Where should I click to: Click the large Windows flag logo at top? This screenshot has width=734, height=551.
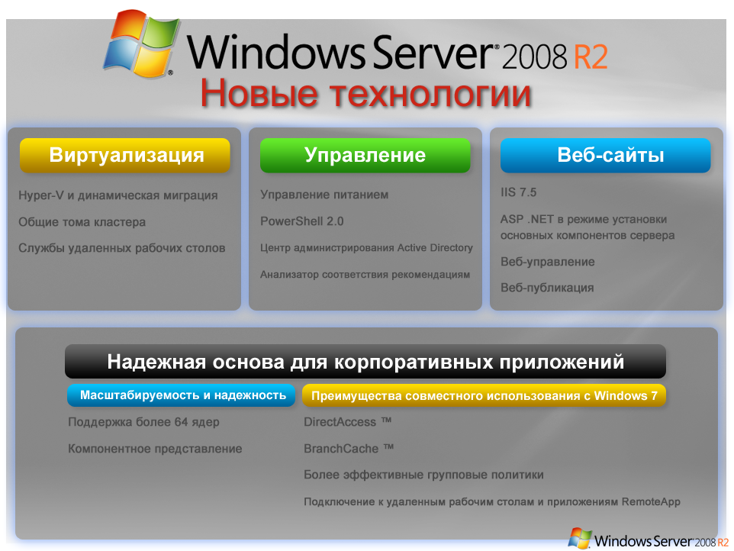coord(141,43)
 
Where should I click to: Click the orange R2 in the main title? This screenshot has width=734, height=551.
coord(591,56)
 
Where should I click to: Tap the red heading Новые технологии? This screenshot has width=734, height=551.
coord(365,93)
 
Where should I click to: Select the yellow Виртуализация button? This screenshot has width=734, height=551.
coord(125,156)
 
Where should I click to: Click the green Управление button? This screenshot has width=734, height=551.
coord(365,156)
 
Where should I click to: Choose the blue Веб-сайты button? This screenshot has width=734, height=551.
coord(605,156)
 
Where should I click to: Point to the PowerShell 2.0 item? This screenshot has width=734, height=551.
coord(302,221)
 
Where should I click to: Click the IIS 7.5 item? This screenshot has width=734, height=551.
coord(518,192)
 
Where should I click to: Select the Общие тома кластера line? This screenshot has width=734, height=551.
coord(82,222)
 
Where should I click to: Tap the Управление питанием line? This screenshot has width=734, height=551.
coord(324,195)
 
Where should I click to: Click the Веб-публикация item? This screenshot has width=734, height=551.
coord(547,288)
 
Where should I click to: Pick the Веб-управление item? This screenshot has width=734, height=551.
coord(548,262)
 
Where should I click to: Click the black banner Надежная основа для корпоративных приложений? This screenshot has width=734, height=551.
coord(365,362)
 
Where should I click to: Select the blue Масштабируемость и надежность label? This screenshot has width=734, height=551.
coord(182,395)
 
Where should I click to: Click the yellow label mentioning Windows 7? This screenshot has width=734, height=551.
coord(484,395)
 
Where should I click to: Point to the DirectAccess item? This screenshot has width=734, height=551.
coord(347,422)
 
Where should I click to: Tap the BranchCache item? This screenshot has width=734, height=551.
coord(349,449)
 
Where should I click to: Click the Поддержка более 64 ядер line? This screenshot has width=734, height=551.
coord(143,422)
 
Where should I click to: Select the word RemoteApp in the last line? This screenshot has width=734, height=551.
coord(651,502)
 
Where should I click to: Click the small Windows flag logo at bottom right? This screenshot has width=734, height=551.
coord(580,538)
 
